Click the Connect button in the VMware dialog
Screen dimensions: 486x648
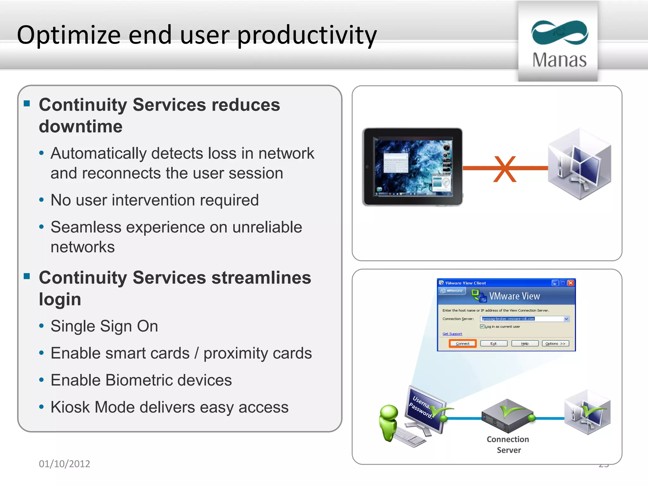pyautogui.click(x=463, y=344)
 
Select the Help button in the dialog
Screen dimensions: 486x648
pyautogui.click(x=525, y=344)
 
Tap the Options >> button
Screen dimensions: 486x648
pyautogui.click(x=555, y=344)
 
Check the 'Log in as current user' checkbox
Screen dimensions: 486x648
pyautogui.click(x=482, y=327)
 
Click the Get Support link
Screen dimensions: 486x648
pyautogui.click(x=452, y=334)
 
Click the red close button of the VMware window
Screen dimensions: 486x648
pyautogui.click(x=571, y=283)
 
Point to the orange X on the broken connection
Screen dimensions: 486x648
pyautogui.click(x=505, y=169)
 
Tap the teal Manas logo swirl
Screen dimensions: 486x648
pyautogui.click(x=559, y=33)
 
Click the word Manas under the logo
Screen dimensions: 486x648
pyautogui.click(x=559, y=60)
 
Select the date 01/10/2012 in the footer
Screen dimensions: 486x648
pyautogui.click(x=65, y=464)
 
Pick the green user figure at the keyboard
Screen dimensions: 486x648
pyautogui.click(x=389, y=422)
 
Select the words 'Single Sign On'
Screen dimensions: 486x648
pyautogui.click(x=104, y=326)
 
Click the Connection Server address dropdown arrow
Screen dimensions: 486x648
pyautogui.click(x=566, y=319)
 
